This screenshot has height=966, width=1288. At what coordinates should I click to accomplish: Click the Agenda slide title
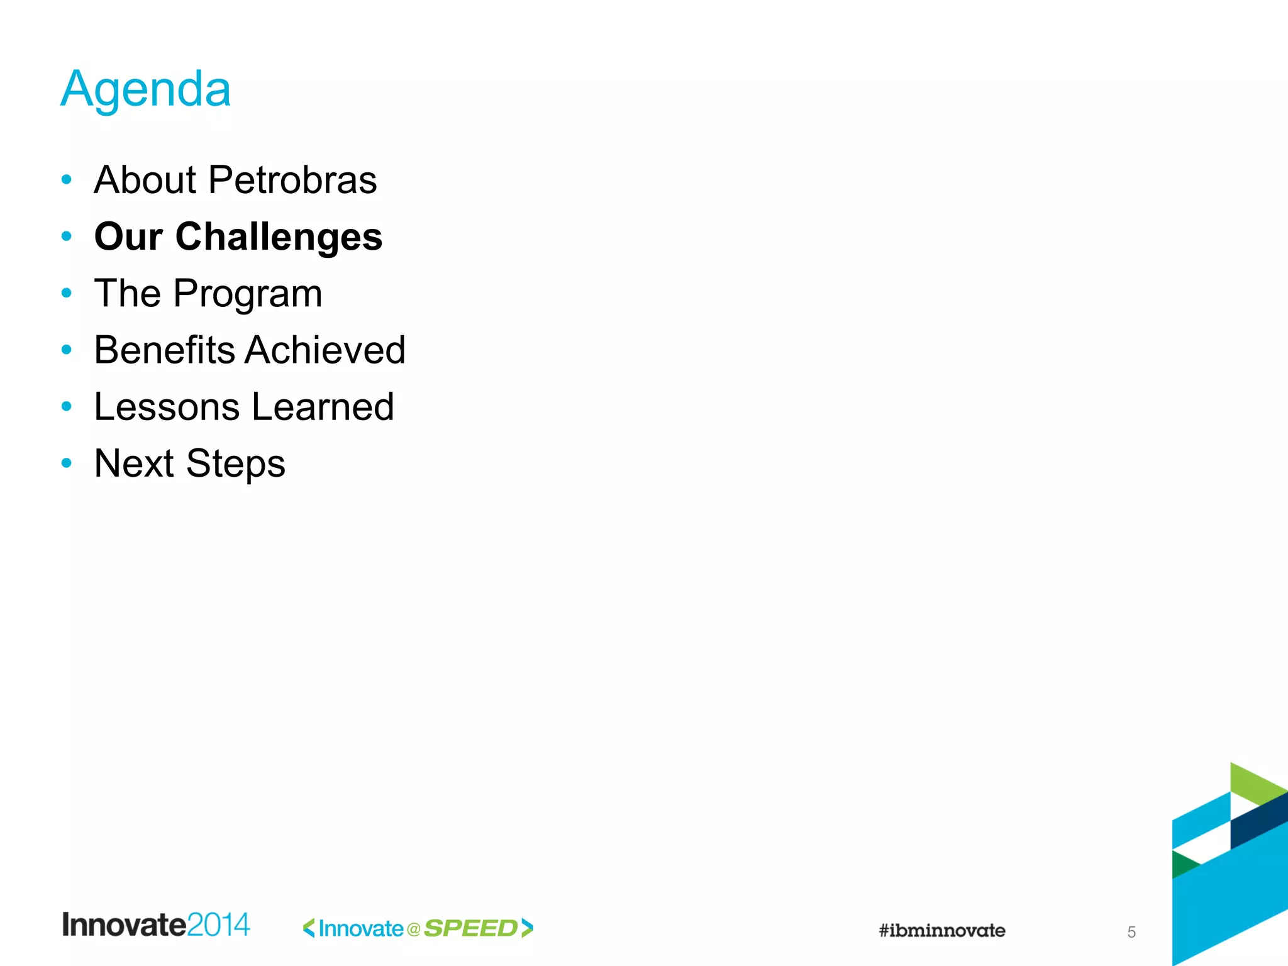pyautogui.click(x=146, y=90)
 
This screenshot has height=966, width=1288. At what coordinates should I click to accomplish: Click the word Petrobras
pyautogui.click(x=292, y=180)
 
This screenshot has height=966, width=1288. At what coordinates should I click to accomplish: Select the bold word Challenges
pyautogui.click(x=279, y=236)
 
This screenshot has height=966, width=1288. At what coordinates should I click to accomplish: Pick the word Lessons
pyautogui.click(x=167, y=407)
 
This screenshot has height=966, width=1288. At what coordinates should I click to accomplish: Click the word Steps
pyautogui.click(x=236, y=464)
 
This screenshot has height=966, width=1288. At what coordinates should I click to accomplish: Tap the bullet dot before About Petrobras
pyautogui.click(x=67, y=180)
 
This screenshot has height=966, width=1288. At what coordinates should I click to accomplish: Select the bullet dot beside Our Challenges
pyautogui.click(x=67, y=236)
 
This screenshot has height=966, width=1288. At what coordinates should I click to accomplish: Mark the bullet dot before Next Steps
pyautogui.click(x=67, y=464)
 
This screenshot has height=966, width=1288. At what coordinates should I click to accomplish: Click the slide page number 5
pyautogui.click(x=1131, y=932)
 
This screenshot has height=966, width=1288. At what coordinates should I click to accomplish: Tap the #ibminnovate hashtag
pyautogui.click(x=941, y=931)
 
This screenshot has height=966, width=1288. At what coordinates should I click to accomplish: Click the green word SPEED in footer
pyautogui.click(x=470, y=928)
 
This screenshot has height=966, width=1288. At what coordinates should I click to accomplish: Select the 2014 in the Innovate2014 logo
pyautogui.click(x=218, y=925)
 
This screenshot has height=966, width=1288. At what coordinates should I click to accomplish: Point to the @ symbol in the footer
pyautogui.click(x=413, y=930)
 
